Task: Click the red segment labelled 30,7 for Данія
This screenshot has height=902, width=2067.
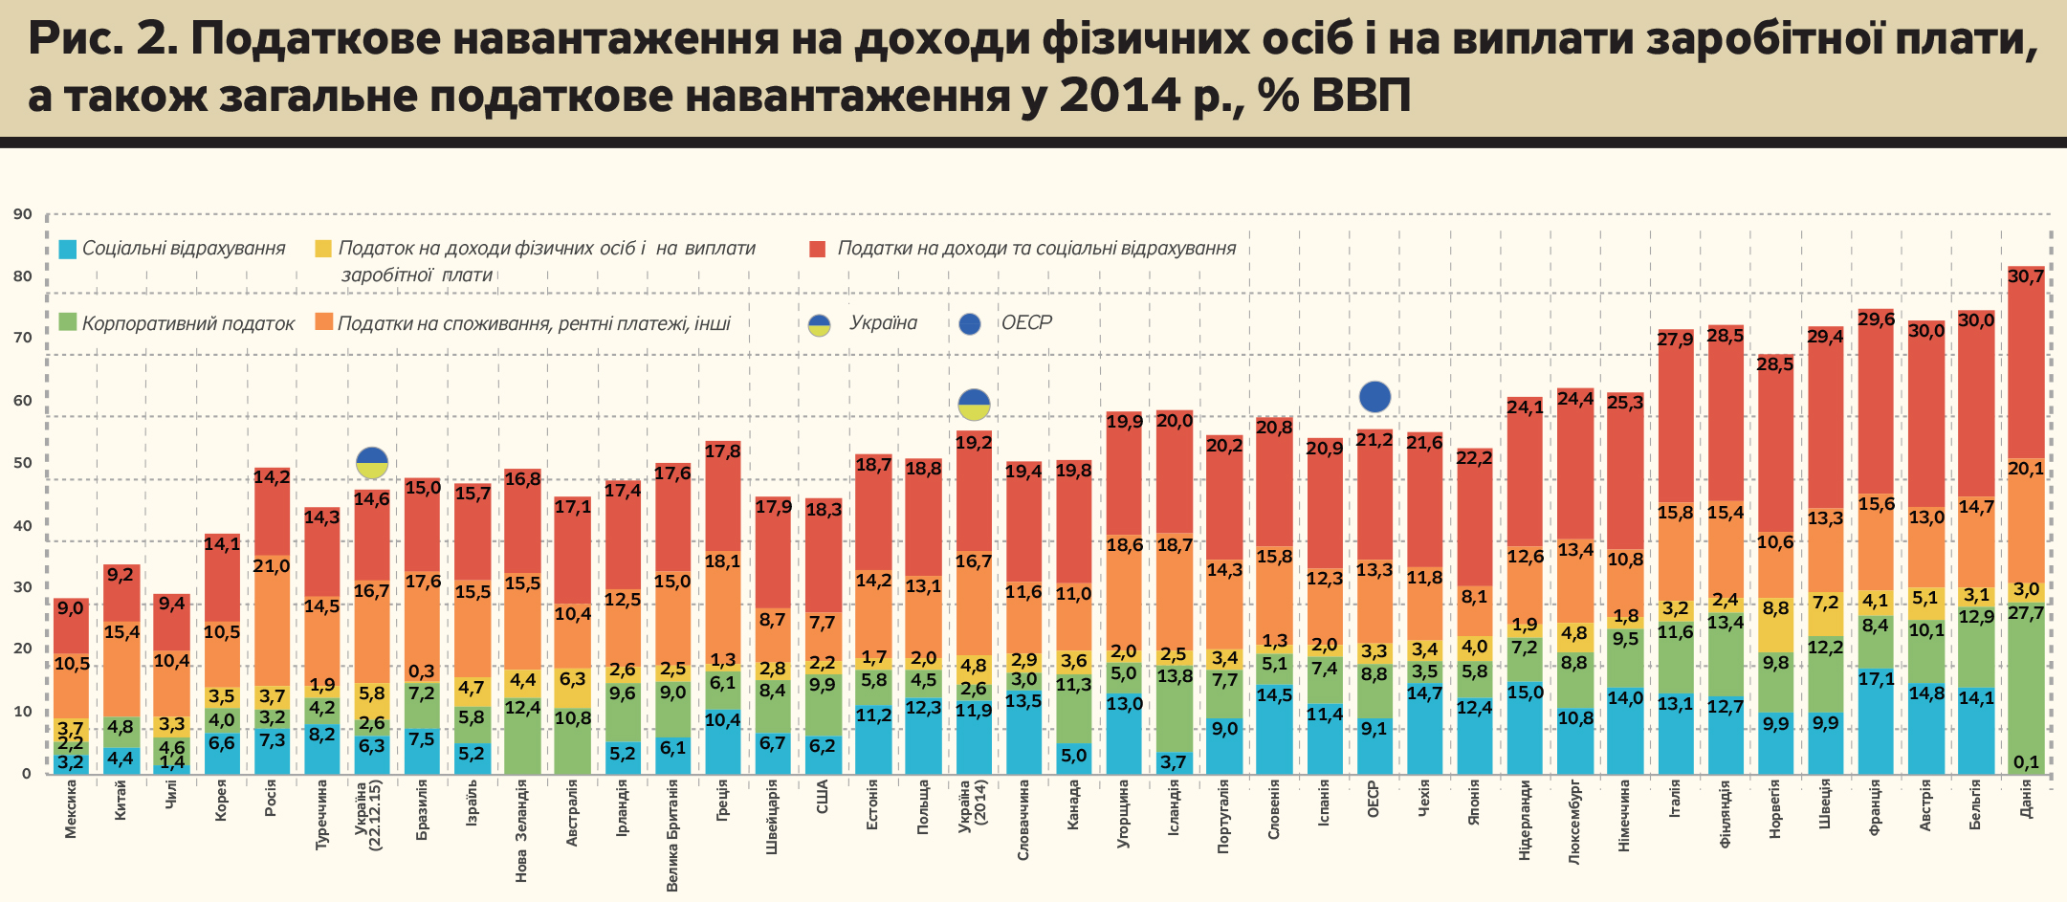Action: point(2026,363)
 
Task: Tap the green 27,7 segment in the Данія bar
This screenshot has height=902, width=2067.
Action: point(2026,689)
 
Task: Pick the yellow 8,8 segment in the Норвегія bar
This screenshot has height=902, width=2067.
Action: point(1775,626)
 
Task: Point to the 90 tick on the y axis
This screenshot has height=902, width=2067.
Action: point(23,214)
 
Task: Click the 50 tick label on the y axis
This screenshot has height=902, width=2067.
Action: point(23,463)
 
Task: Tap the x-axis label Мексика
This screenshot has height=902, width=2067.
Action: point(71,809)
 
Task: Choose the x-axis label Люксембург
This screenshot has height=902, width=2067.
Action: point(1574,824)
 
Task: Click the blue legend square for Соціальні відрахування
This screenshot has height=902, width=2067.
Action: point(67,250)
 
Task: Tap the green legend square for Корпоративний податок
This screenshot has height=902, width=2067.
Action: point(67,323)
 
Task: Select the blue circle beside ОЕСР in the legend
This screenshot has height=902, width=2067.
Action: point(970,324)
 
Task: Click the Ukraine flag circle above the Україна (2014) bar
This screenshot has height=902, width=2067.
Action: point(974,405)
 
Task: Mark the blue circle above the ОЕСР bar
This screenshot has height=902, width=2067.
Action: point(1374,396)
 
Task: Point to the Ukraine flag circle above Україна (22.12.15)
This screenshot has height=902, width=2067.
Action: point(372,463)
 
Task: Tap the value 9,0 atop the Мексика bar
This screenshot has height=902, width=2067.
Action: point(71,608)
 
